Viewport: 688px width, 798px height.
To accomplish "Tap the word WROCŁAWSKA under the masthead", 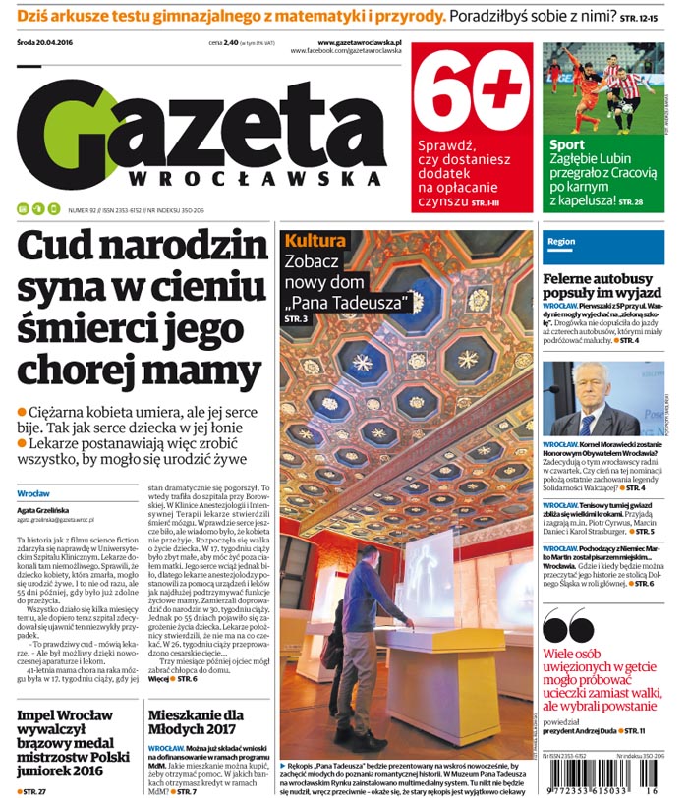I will [x=256, y=179].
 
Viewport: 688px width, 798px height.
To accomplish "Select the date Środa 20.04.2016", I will [x=49, y=44].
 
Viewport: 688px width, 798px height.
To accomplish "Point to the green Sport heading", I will [x=567, y=145].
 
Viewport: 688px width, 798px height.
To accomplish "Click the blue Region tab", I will [x=561, y=241].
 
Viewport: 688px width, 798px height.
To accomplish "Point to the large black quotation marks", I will [x=568, y=626].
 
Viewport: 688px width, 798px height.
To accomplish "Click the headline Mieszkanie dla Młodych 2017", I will [x=195, y=723].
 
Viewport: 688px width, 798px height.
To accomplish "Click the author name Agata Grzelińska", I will [x=43, y=510].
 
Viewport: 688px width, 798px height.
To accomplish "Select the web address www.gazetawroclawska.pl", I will [x=359, y=43].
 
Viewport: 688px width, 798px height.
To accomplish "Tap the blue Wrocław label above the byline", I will [x=33, y=492].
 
